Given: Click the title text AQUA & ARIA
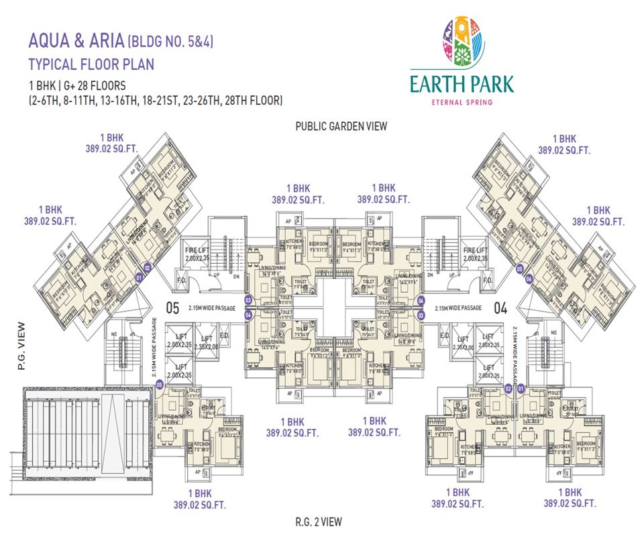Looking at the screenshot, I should (75, 41).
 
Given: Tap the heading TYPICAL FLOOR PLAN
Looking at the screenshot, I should (91, 64).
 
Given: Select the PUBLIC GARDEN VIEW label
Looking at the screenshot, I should (341, 126).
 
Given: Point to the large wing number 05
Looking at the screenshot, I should (173, 309).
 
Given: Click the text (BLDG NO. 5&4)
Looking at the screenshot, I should (174, 42).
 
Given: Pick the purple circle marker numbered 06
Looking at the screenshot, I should (529, 279).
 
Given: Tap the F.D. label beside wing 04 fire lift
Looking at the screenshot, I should (487, 279).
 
